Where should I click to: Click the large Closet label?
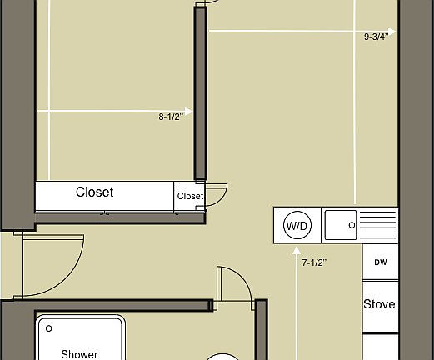94,192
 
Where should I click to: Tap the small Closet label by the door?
189,197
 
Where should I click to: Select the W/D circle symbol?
297,225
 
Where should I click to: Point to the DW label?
380,262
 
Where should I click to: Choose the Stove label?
379,304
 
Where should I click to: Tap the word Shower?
79,354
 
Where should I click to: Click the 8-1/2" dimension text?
171,117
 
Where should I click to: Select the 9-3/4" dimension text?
377,37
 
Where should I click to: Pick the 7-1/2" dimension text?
314,262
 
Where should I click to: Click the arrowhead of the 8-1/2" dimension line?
190,111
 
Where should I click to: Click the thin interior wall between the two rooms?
200,92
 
